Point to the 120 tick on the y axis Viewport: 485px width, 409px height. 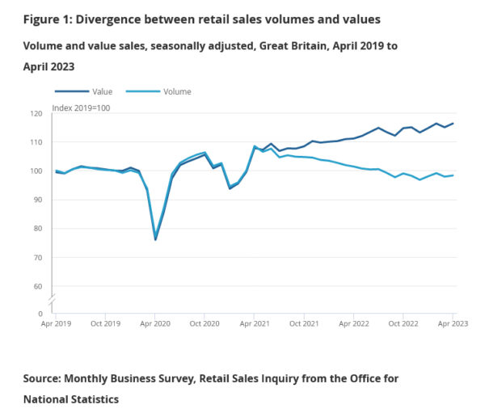tap(45, 113)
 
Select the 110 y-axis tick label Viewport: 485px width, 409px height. tap(45, 142)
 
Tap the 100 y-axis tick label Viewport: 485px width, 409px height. tap(45, 171)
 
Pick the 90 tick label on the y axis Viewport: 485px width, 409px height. tap(47, 200)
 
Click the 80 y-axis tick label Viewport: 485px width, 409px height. tap(47, 229)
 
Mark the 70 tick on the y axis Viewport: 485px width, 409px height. tap(47, 257)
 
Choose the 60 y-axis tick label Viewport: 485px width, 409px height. tap(47, 286)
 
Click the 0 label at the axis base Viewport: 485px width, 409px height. tap(49, 314)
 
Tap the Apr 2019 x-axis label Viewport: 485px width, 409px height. tap(57, 323)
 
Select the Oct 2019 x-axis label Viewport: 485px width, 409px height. tap(106, 323)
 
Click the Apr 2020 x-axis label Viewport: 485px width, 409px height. tap(155, 323)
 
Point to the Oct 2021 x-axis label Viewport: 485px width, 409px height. tap(304, 323)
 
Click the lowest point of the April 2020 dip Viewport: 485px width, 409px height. tap(155, 239)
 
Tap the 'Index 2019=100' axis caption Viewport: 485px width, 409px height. tap(81, 106)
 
